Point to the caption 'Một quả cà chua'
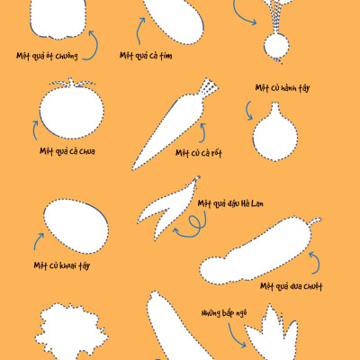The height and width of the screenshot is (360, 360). click(67, 151)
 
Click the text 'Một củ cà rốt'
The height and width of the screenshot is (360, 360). click(198, 153)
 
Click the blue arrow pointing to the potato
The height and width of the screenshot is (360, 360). click(38, 240)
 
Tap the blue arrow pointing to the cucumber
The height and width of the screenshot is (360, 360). click(315, 264)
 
